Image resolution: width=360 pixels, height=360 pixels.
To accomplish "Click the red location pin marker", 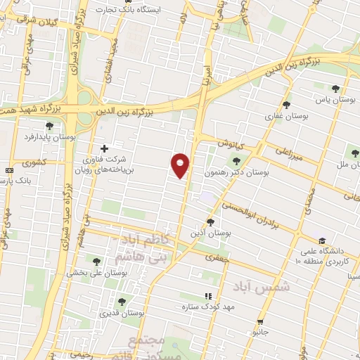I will pos(181,165).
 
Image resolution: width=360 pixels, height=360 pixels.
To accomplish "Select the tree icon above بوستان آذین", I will pos(211,222).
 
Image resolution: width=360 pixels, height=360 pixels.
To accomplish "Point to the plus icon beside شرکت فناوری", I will pos(105,148).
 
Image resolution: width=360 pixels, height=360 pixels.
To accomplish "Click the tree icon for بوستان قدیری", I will pos(122,302).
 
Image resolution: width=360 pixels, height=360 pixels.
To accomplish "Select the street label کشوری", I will pos(33,164).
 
